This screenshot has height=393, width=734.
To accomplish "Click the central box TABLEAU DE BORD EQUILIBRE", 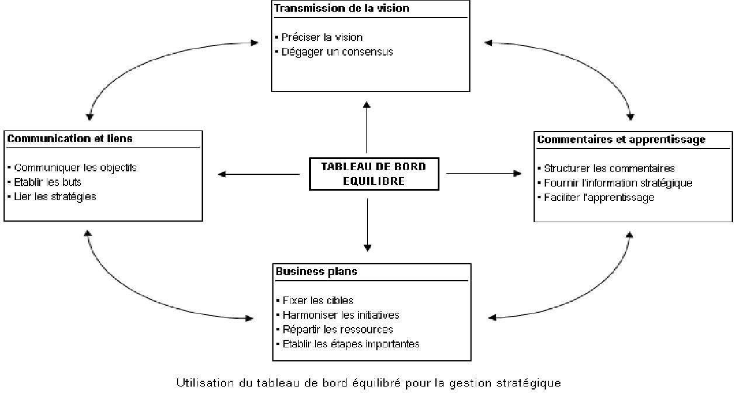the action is point(374,174).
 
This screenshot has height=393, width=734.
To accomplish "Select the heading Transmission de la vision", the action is point(342,8).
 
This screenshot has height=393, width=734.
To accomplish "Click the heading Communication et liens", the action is point(70,139).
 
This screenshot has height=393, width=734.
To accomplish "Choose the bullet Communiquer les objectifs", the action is point(72,168).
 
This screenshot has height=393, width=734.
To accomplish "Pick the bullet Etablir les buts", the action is point(44,182).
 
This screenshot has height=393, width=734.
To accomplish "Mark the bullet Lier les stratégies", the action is point(52,196).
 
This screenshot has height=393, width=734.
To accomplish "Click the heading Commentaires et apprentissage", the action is point(621,140).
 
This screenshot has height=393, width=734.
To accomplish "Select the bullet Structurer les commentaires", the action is point(606,168).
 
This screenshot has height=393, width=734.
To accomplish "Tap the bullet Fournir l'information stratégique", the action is point(615,182).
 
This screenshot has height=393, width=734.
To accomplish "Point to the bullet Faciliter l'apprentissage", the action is point(596,198).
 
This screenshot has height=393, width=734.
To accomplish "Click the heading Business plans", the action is point(317,271).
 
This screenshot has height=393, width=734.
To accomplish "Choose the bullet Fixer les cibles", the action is point(315,300).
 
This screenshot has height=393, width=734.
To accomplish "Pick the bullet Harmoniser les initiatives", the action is point(338,315).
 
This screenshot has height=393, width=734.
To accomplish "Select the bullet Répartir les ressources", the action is point(334,329).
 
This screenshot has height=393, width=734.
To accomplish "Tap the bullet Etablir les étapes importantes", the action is point(348,344).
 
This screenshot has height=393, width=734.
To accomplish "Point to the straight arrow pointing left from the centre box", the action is point(258,174).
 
